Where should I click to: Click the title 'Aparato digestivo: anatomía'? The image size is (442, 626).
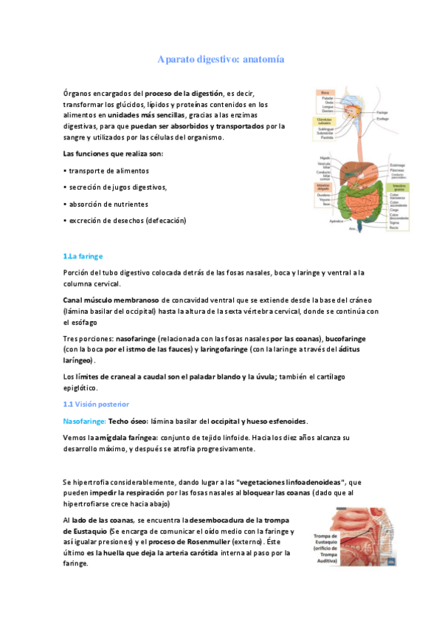[x=221, y=59]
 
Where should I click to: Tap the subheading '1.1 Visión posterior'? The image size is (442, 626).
[x=96, y=404]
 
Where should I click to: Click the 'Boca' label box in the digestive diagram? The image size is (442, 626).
[x=325, y=93]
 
